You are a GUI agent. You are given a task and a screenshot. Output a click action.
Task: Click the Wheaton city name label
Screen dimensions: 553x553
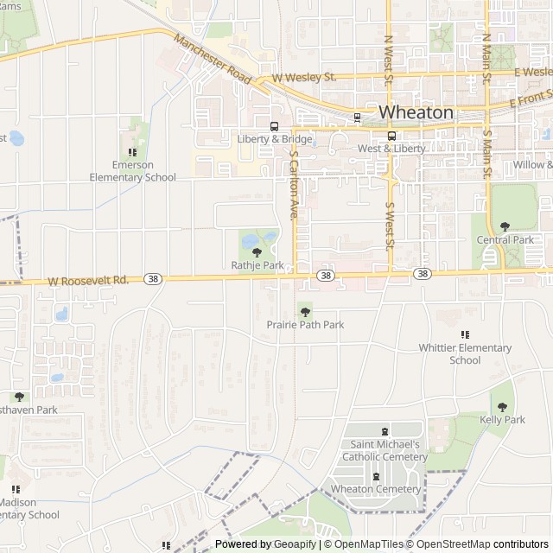[416, 112]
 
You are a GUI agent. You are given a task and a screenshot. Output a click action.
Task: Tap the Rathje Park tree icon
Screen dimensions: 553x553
[257, 252]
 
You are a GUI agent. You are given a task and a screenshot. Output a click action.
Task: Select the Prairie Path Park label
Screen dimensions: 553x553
[305, 325]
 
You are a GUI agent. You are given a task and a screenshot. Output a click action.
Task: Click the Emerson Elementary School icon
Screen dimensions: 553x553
[132, 151]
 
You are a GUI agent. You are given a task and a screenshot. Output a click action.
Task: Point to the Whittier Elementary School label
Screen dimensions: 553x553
[465, 354]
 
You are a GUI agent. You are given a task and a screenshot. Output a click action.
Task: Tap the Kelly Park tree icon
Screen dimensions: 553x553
[502, 406]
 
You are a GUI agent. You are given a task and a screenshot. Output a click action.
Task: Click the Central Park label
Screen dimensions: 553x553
[505, 239]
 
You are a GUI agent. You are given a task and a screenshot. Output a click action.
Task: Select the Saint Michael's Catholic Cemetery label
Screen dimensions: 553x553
[385, 450]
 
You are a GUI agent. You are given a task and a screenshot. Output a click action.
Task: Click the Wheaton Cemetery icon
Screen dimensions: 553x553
[376, 476]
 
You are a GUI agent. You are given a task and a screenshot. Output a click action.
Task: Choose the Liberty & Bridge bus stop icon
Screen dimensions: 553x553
[274, 125]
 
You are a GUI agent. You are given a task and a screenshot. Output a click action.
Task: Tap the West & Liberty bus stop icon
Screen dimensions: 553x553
[391, 136]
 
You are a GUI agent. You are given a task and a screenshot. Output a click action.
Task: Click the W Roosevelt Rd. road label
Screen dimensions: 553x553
[88, 280]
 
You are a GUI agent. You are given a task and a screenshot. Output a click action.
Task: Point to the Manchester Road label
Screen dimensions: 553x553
[212, 60]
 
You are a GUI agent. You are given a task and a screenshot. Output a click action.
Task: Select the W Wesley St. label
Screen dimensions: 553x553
[303, 78]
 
